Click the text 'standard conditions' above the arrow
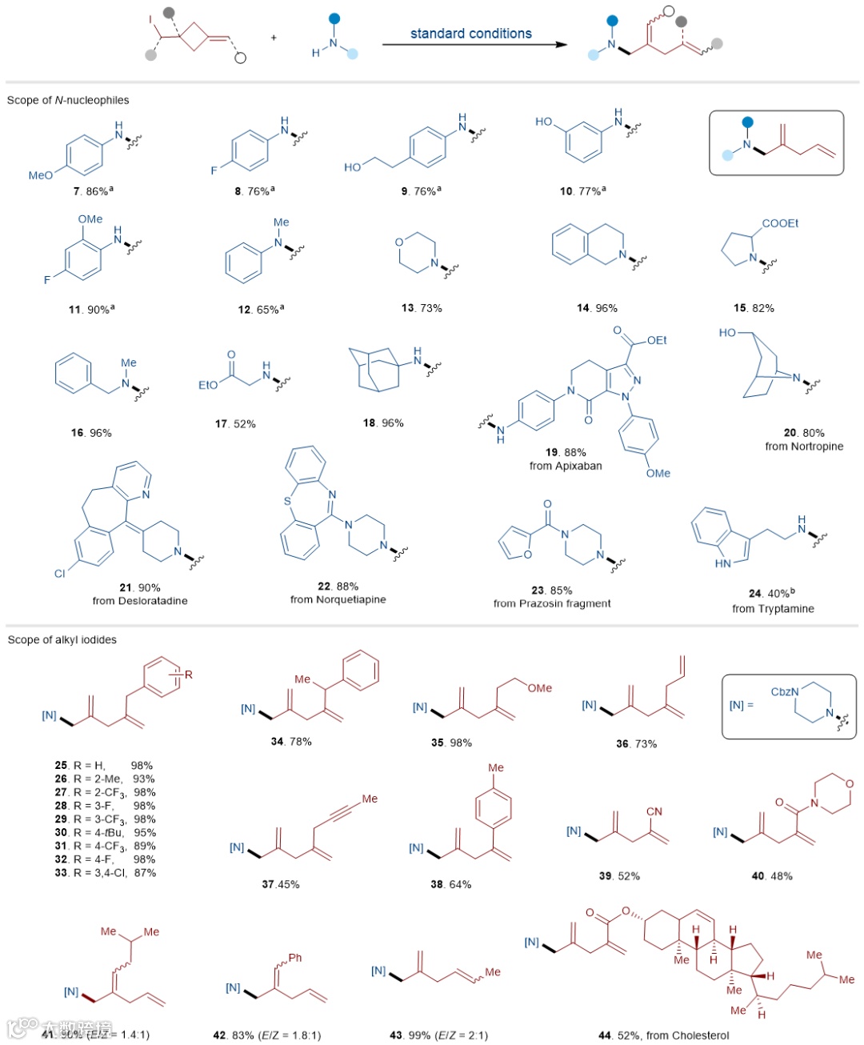click(x=470, y=34)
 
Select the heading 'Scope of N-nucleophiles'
click(x=68, y=100)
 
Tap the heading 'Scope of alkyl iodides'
click(x=62, y=639)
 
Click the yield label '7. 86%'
click(x=92, y=192)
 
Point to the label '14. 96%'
click(x=597, y=308)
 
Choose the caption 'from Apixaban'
click(x=566, y=466)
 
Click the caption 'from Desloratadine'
click(x=140, y=601)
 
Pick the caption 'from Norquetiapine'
click(x=338, y=599)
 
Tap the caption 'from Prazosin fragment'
click(x=552, y=603)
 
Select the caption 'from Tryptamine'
click(x=773, y=608)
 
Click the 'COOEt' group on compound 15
click(x=780, y=223)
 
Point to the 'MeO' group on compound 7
click(x=40, y=175)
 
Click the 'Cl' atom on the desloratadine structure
click(x=59, y=573)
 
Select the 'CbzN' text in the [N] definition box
click(x=784, y=691)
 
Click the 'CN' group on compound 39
click(x=654, y=811)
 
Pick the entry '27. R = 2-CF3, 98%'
click(x=105, y=792)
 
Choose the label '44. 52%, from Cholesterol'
click(x=664, y=1035)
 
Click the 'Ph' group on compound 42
click(x=295, y=958)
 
